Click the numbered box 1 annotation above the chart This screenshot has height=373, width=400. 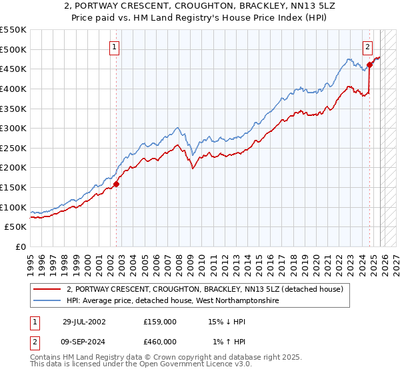[115, 47]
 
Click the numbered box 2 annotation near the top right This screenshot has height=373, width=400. [367, 47]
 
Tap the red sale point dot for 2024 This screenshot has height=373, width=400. [370, 65]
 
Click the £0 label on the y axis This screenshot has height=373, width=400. [20, 246]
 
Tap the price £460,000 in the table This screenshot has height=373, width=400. [160, 342]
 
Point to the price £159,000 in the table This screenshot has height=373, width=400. [160, 322]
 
